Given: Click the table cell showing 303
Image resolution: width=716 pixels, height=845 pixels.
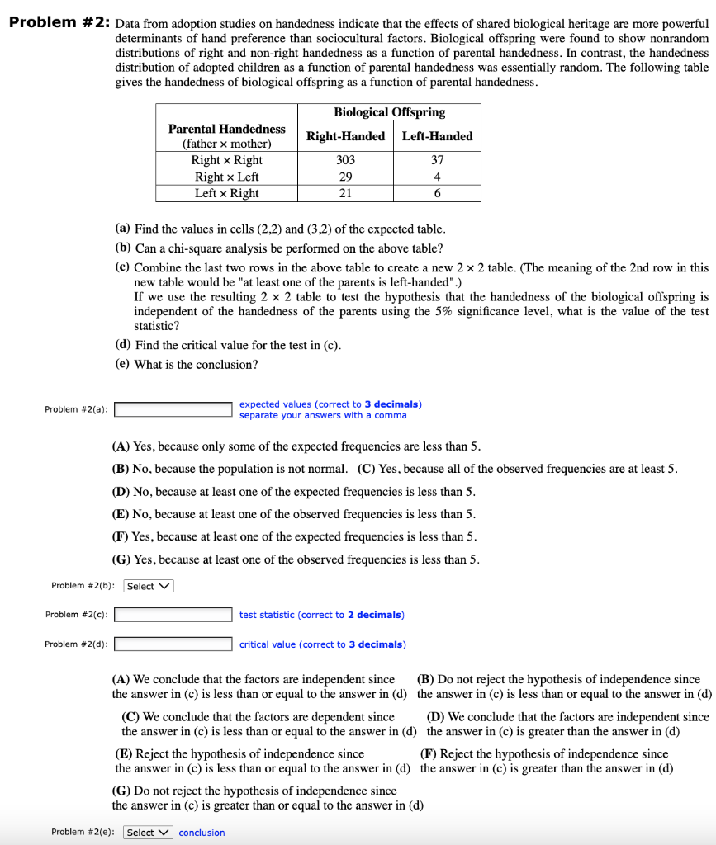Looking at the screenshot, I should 345,160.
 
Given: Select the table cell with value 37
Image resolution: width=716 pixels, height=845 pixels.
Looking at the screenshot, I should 437,160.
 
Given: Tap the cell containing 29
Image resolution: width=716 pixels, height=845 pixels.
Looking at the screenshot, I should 345,177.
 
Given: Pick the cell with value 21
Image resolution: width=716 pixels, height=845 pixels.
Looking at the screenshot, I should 345,193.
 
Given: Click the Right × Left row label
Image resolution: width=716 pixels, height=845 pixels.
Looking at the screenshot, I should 226,177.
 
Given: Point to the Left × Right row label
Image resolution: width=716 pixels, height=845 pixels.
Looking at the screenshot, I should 226,193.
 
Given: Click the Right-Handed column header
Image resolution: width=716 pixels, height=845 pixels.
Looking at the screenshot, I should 345,136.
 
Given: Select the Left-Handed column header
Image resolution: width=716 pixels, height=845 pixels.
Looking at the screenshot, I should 437,136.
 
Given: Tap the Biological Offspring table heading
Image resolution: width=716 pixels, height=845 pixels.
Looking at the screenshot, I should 389,112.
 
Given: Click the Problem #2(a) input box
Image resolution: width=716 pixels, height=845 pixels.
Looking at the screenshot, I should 173,409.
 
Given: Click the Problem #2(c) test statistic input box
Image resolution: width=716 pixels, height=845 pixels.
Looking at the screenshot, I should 173,615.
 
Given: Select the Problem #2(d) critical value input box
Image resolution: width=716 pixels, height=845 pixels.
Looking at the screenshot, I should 173,644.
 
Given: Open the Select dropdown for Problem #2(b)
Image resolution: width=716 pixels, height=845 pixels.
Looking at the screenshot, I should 149,586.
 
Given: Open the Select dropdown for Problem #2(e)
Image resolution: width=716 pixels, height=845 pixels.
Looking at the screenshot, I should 149,833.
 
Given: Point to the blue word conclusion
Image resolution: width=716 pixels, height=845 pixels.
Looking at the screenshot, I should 202,833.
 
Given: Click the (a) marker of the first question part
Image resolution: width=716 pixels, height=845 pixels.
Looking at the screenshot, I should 123,229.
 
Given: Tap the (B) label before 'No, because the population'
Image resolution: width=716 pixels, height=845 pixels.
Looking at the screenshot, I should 121,469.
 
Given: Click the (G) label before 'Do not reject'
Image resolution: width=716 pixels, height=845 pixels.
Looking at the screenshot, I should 122,791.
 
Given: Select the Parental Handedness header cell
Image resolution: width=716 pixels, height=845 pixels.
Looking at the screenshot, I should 226,136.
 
